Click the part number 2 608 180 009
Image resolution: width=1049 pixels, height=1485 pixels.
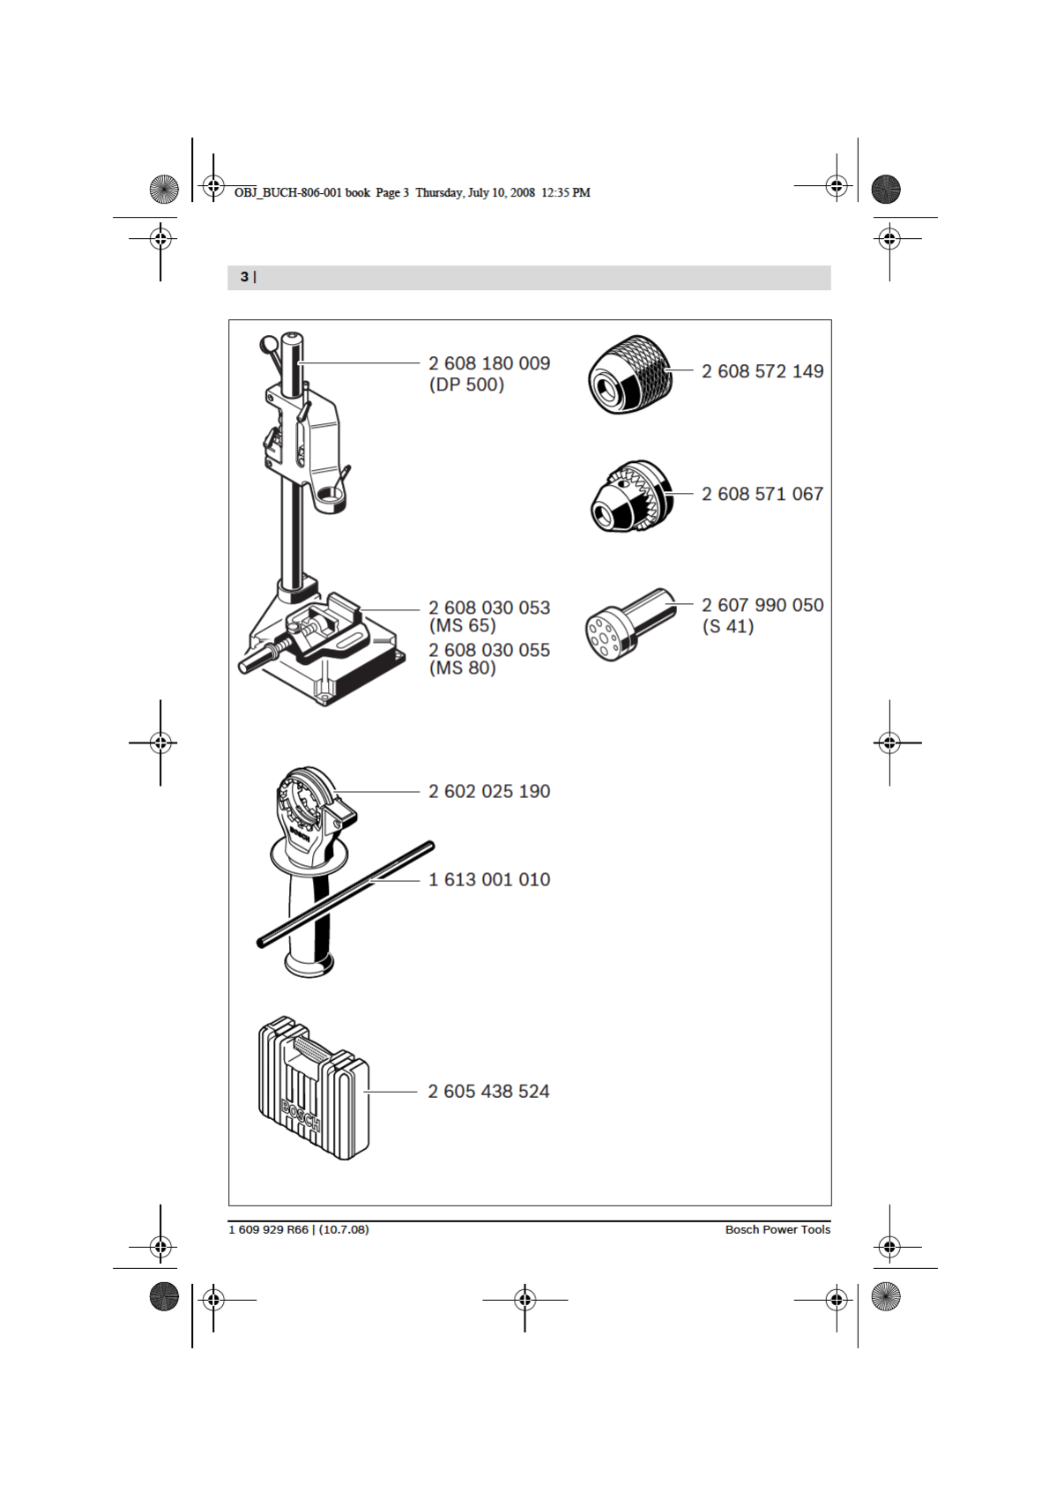tap(489, 363)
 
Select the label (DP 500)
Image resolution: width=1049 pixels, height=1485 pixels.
tap(466, 385)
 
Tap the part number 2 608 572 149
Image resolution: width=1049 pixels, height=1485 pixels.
tap(763, 371)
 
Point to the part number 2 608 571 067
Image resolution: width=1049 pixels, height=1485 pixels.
tap(763, 494)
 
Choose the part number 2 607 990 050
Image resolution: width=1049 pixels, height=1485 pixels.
tap(763, 605)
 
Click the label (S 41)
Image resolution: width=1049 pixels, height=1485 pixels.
tap(727, 627)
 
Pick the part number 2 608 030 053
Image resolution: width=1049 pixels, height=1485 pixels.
tap(489, 608)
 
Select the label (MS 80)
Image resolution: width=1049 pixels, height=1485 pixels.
tap(463, 668)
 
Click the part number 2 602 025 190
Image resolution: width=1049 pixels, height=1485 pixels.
tap(489, 792)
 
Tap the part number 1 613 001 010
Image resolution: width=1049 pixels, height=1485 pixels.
tap(489, 880)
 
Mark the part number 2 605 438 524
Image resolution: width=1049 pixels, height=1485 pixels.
tap(488, 1092)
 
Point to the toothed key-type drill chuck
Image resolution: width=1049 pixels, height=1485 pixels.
tap(629, 496)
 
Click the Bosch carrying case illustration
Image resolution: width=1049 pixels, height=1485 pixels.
tap(313, 1089)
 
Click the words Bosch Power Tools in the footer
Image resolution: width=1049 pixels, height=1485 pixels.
tap(777, 1229)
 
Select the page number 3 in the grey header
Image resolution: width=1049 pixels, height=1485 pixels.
tap(244, 277)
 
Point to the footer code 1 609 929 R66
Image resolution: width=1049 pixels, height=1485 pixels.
tap(269, 1229)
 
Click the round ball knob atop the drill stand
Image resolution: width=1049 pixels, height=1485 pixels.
tap(268, 343)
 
